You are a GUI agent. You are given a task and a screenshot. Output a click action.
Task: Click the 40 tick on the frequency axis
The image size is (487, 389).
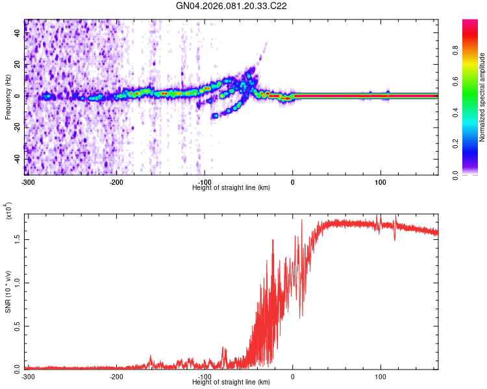[x=18, y=34]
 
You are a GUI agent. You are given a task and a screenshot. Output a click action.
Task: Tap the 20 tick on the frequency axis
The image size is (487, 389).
[x=18, y=65]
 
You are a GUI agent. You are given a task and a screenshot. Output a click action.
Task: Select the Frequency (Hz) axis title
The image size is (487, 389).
[x=8, y=97]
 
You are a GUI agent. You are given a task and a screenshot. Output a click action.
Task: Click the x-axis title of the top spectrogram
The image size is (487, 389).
[x=232, y=187]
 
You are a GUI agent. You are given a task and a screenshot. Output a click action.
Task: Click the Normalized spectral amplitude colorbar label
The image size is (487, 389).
[x=483, y=97]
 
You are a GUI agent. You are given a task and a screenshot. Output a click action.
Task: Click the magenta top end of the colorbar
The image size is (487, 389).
[x=470, y=23]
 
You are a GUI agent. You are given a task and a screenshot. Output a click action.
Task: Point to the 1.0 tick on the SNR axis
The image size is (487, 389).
[x=18, y=282]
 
